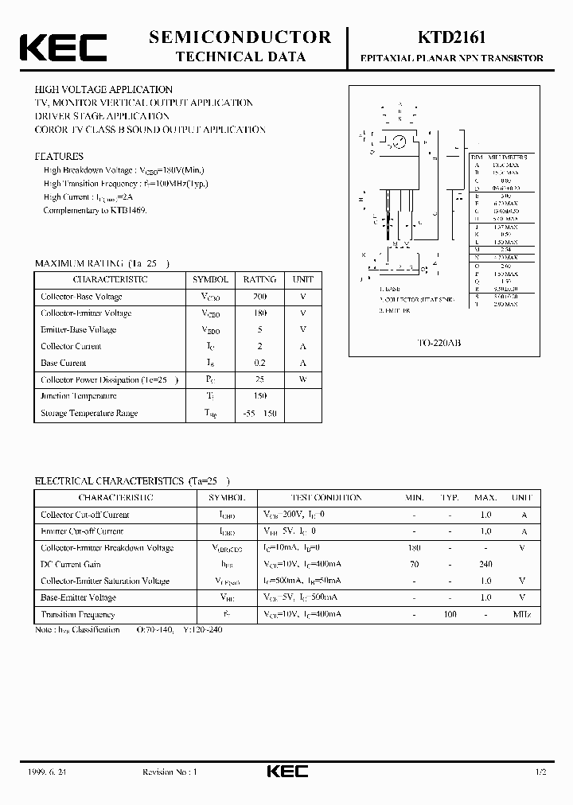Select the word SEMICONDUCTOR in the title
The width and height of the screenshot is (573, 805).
[x=240, y=37]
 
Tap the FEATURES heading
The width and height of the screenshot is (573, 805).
[x=59, y=157]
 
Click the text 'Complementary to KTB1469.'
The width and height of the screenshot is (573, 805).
[x=95, y=211]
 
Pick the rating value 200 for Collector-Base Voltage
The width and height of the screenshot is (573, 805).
[x=259, y=297]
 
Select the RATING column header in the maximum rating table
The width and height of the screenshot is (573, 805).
[x=259, y=280]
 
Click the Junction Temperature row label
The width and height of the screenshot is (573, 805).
[x=79, y=396]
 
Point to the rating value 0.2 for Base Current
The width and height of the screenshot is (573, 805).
[x=259, y=363]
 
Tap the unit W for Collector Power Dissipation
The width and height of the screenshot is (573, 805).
[x=302, y=379]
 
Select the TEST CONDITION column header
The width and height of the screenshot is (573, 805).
[x=325, y=498]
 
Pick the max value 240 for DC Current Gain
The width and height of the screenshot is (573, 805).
[x=485, y=565]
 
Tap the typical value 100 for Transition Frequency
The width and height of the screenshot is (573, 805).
[x=450, y=615]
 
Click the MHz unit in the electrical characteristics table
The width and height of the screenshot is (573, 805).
[x=521, y=615]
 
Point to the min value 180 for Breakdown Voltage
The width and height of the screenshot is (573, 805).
[x=414, y=548]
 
